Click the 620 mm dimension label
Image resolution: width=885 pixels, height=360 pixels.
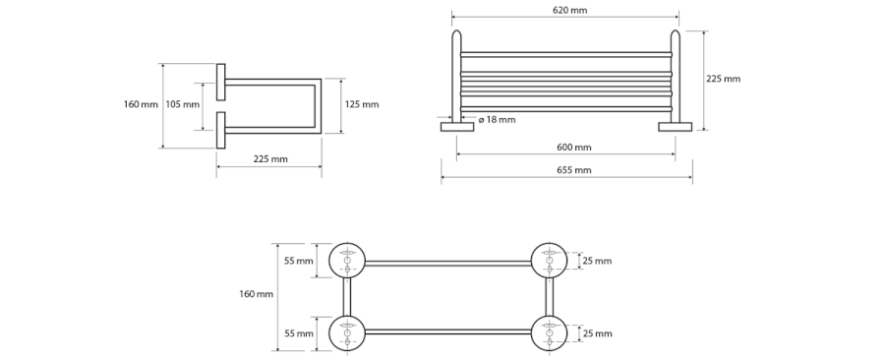[569, 10]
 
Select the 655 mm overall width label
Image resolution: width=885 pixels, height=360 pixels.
[574, 170]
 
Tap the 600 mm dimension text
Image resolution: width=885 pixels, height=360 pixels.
[574, 148]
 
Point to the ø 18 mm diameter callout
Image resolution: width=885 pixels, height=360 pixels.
[497, 120]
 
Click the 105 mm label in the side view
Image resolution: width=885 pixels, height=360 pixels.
[182, 104]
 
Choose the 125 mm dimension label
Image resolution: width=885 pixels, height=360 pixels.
[362, 104]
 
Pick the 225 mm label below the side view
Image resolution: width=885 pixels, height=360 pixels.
[270, 159]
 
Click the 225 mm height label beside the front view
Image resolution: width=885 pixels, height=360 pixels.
[723, 79]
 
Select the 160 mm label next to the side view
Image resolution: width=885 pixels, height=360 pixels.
[141, 104]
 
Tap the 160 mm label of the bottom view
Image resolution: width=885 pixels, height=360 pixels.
[256, 294]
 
